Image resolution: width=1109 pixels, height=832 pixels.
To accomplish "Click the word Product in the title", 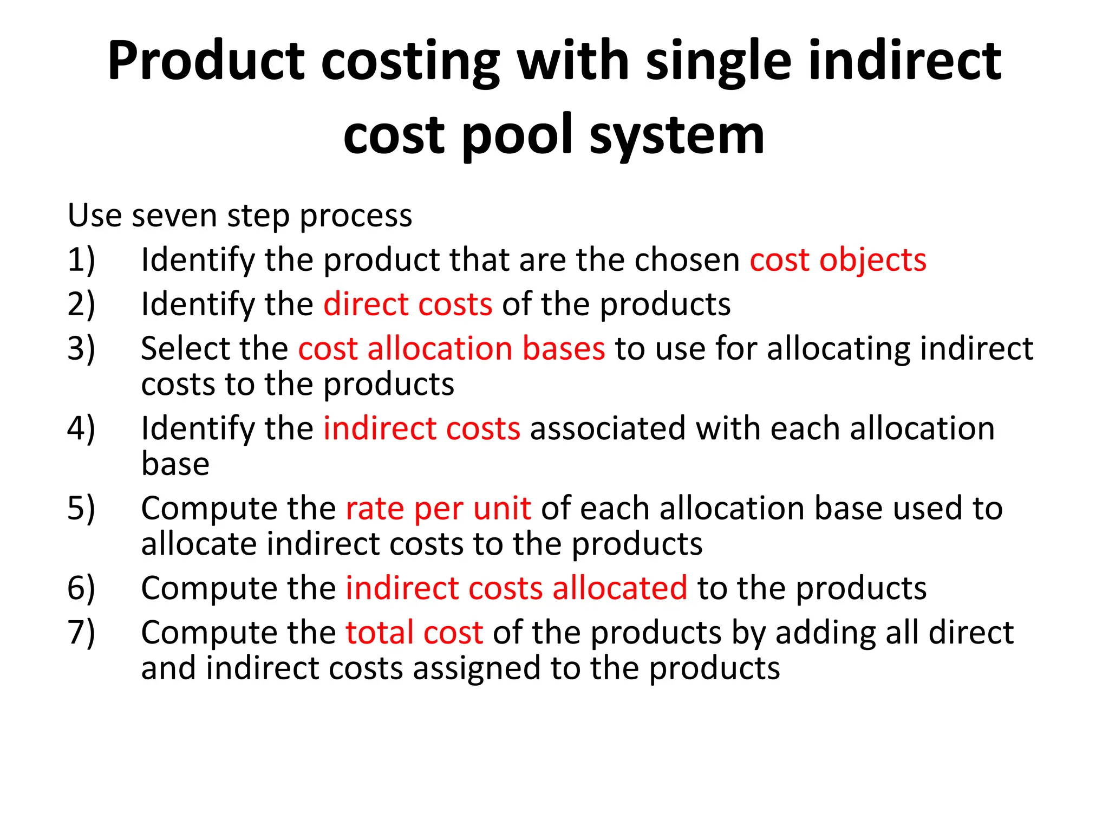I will [x=206, y=61].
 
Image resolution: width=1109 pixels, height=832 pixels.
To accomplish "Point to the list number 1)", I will [x=81, y=260].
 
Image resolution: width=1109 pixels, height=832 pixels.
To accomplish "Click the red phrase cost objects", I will [x=838, y=260].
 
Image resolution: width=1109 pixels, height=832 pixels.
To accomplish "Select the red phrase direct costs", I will [x=408, y=304].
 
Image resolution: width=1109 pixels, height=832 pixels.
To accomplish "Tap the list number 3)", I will [x=81, y=348].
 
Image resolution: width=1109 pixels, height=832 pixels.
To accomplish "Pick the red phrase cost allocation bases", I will [x=451, y=348].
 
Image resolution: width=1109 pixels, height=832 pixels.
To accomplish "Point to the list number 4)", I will [x=81, y=428].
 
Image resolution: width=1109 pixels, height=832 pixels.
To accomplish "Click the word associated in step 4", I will [x=608, y=428].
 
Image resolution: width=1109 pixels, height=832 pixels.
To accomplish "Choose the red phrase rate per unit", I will [x=438, y=509].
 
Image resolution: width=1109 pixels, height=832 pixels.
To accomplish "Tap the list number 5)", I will [x=81, y=509].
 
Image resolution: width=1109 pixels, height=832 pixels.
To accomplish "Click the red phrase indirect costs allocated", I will [x=517, y=588].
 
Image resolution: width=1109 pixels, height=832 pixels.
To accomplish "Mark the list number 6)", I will [x=81, y=588].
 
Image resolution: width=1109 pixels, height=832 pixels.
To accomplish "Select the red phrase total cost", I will [x=414, y=633].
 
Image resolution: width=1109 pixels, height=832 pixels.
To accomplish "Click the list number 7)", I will [x=81, y=633].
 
